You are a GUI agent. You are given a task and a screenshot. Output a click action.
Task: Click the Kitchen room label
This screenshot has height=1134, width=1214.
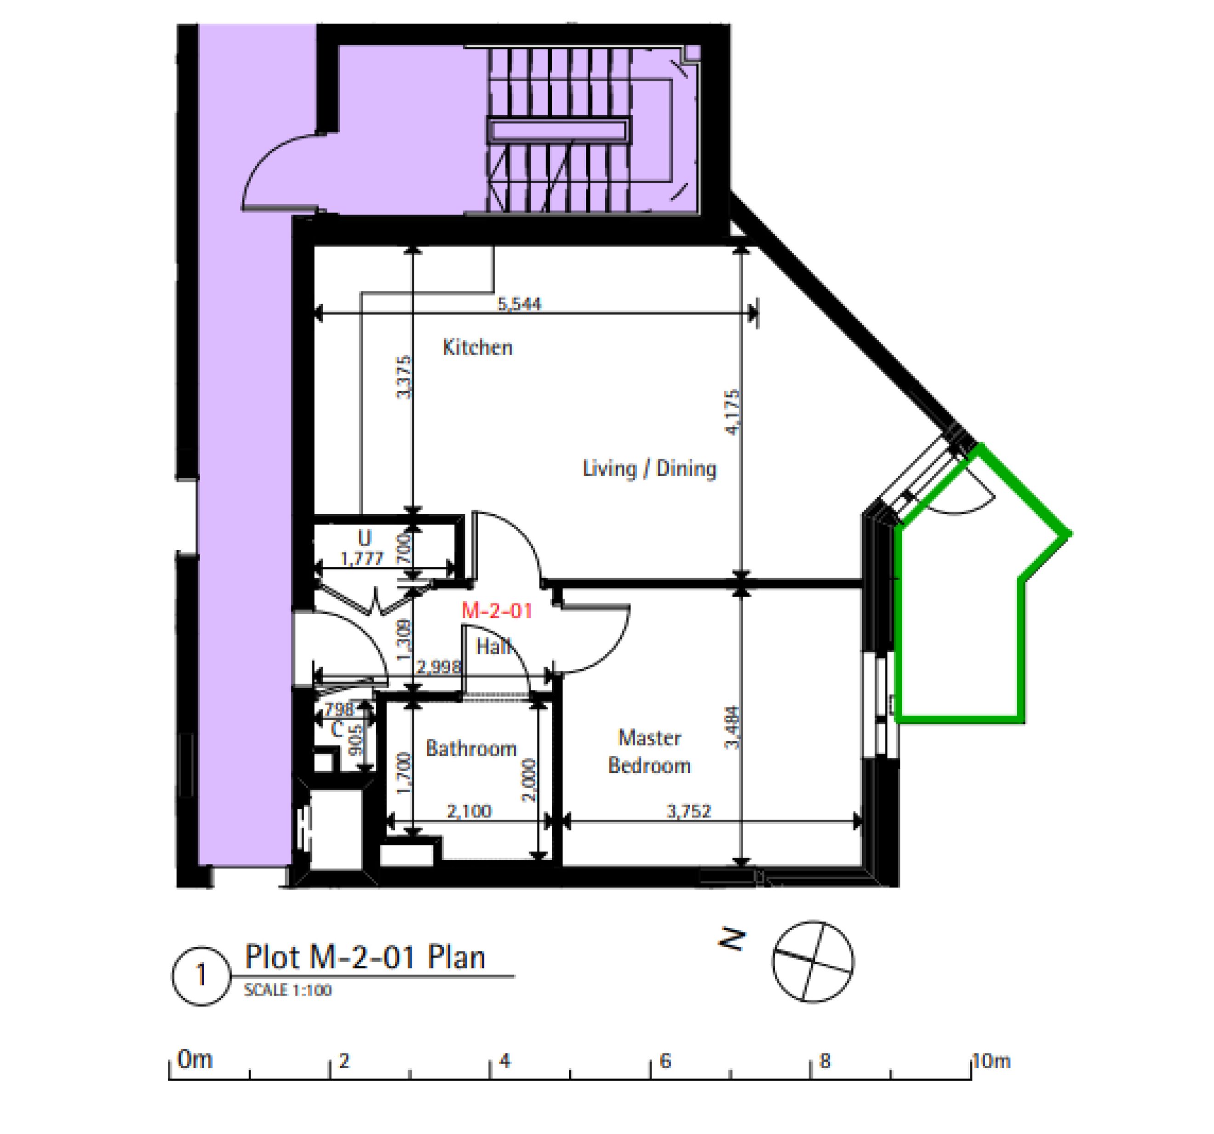point(477,348)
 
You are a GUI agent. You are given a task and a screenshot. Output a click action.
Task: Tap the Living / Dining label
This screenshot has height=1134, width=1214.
point(649,469)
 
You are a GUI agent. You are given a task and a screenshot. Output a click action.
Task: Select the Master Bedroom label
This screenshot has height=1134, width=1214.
point(649,752)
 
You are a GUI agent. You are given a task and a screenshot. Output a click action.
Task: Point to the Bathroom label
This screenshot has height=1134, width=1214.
point(471,748)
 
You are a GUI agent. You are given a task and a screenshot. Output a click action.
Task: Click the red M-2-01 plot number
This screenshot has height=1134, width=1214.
point(497,610)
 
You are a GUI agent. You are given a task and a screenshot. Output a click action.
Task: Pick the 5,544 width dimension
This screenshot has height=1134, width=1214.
point(519,304)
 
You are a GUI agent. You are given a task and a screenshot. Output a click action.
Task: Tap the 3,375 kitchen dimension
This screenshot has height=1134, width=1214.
point(404,377)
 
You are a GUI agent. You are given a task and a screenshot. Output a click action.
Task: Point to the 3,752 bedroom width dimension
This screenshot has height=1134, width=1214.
point(689,811)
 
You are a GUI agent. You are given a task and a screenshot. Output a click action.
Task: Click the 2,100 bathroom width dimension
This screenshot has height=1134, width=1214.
point(469,811)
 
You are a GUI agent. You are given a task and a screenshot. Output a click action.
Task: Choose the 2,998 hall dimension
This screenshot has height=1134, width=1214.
point(438,667)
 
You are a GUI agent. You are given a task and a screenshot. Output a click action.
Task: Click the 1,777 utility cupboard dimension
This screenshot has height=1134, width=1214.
point(361,558)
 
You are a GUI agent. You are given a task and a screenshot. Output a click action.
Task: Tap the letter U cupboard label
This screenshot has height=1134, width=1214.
point(365,538)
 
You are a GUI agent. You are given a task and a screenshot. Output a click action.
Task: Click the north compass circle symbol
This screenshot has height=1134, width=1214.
point(813,961)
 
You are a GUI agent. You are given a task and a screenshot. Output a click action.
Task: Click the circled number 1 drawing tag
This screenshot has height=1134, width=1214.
point(201,975)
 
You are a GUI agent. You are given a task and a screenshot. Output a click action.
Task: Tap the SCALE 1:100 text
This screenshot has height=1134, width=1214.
point(287,990)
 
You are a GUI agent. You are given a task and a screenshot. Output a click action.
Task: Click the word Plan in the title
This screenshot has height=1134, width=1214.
point(456,957)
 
